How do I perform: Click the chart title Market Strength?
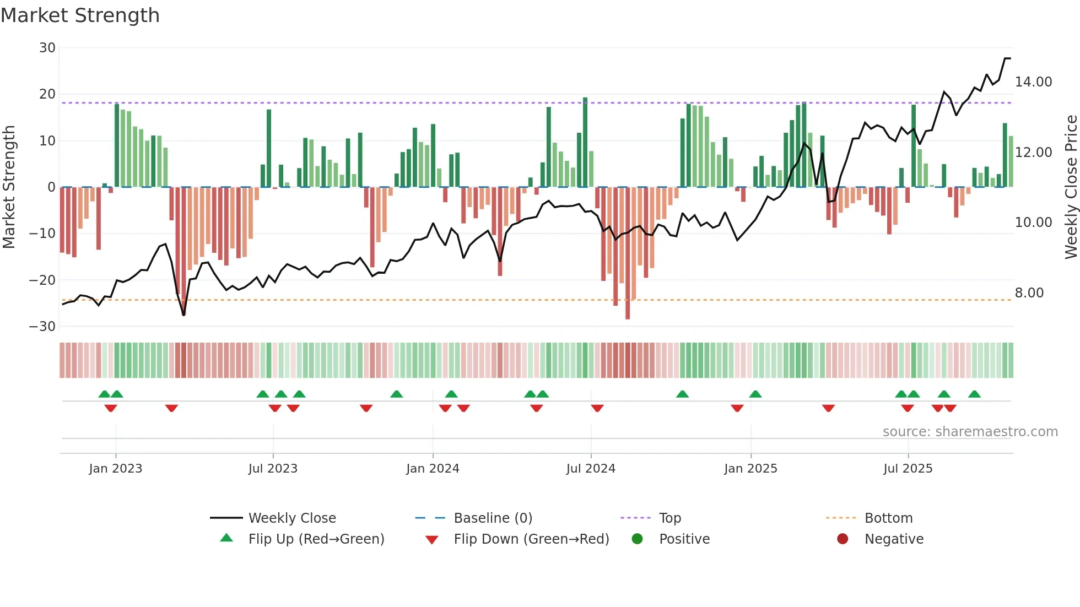click(x=80, y=15)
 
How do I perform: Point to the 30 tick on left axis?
click(x=47, y=48)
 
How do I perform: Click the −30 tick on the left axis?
click(x=42, y=327)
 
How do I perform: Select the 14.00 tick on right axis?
click(x=1033, y=82)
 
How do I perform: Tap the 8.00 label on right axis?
click(x=1029, y=293)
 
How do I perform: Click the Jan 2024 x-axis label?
click(x=433, y=469)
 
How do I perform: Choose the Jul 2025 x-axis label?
click(x=908, y=469)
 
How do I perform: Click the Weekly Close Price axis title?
click(x=1071, y=187)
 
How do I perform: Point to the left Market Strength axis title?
click(x=9, y=187)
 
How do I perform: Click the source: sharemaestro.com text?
click(x=970, y=432)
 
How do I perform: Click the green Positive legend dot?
click(x=638, y=539)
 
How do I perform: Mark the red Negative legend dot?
click(x=843, y=539)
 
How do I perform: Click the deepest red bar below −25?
click(x=628, y=253)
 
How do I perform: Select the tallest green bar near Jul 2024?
click(x=585, y=143)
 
